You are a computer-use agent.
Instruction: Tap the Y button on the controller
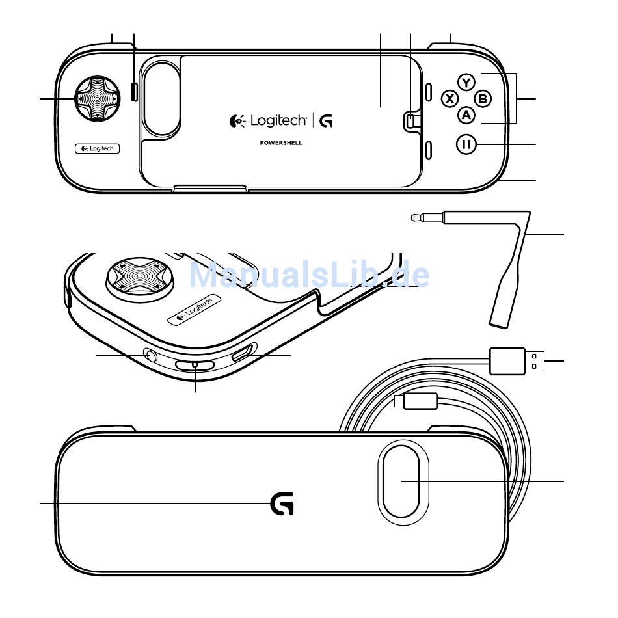click(x=466, y=83)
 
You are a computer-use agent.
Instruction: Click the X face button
click(x=450, y=98)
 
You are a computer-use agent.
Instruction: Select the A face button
click(x=466, y=114)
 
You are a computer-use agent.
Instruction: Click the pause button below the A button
click(x=466, y=144)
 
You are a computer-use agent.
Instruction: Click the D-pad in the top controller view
click(x=97, y=98)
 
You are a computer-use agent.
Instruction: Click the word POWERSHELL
click(x=280, y=142)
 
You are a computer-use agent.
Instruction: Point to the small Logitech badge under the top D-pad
click(x=98, y=148)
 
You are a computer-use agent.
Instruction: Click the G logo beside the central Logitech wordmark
click(x=327, y=120)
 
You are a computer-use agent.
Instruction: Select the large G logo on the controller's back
click(x=282, y=504)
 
